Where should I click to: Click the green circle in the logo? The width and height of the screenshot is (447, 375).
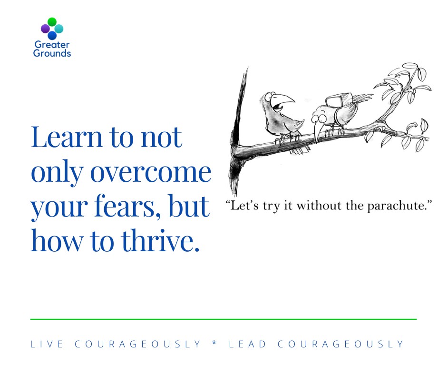[x=52, y=22]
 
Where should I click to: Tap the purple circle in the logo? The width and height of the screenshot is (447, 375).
[x=45, y=29]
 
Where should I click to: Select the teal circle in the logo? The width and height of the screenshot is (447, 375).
[x=58, y=29]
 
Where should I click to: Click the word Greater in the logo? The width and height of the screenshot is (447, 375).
[x=52, y=45]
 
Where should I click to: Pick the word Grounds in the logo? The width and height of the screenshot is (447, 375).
[x=52, y=53]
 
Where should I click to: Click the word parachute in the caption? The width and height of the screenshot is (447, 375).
[x=396, y=206]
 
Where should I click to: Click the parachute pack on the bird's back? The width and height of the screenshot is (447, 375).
[x=339, y=100]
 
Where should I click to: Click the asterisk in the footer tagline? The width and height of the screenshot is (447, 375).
[x=215, y=343]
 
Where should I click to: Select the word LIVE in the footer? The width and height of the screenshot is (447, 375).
[x=47, y=344]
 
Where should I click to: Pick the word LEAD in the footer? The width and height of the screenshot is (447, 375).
[x=247, y=344]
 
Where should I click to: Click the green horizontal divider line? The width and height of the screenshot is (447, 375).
[x=223, y=319]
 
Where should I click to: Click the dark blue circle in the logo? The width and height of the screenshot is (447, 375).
[x=52, y=35]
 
